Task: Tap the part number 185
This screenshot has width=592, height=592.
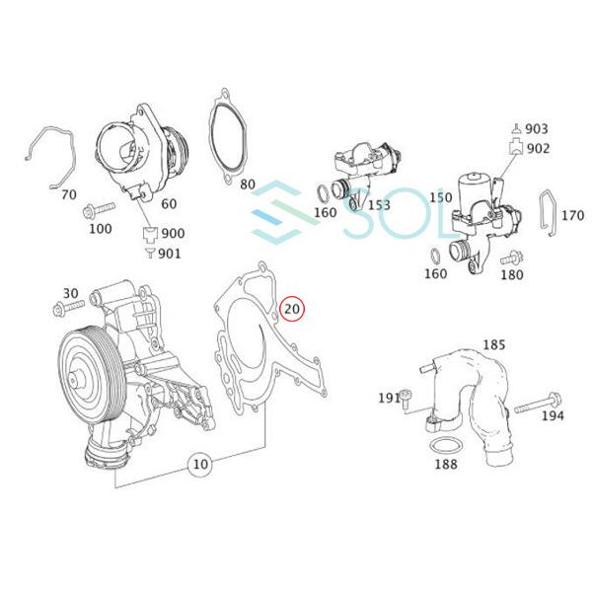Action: coord(493,345)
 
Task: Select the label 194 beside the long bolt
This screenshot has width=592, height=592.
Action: coord(554,415)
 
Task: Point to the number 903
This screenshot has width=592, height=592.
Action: coord(537,129)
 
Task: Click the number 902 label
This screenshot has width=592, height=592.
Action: coord(537,148)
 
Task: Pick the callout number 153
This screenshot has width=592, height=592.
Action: coord(379,205)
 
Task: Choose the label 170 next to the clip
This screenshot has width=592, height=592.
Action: coord(572,214)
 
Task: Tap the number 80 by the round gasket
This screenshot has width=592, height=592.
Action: coord(248,185)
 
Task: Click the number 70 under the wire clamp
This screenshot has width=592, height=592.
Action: coord(68,194)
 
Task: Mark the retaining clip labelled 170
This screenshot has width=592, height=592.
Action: coord(546,213)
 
